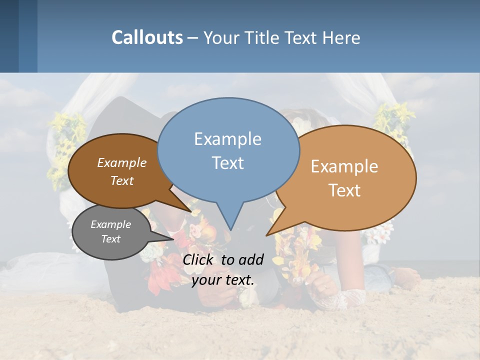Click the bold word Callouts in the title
click(x=147, y=37)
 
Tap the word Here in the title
click(x=341, y=37)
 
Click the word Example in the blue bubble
click(x=227, y=139)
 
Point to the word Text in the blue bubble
click(x=228, y=163)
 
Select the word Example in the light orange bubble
click(x=344, y=166)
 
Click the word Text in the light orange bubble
click(x=345, y=190)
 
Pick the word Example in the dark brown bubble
click(x=122, y=162)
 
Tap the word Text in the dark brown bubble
click(x=122, y=180)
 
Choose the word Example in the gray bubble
click(x=110, y=224)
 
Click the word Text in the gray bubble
click(x=110, y=239)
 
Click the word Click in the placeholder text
click(x=199, y=259)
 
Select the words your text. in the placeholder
click(x=223, y=279)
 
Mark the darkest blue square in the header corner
click(x=9, y=36)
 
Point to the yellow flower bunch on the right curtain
click(x=395, y=120)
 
